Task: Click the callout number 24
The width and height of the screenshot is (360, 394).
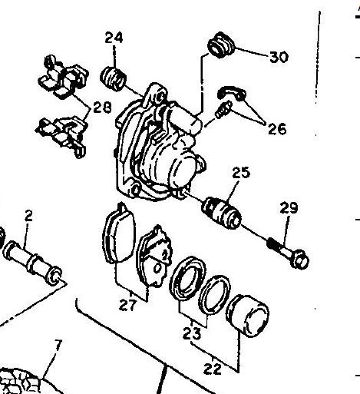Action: [114, 38]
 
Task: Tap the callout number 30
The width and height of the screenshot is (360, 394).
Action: [279, 57]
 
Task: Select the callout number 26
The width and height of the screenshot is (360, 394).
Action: [277, 128]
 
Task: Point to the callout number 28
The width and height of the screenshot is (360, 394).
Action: [102, 107]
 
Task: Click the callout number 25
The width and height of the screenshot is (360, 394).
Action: [241, 172]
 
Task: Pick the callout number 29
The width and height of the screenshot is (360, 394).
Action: [289, 207]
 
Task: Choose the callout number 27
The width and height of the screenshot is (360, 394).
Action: [128, 305]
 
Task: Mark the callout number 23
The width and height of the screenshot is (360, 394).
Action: [192, 333]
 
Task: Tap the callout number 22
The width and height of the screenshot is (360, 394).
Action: [213, 369]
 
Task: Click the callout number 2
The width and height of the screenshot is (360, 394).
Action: [29, 217]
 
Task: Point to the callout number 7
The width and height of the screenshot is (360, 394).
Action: [58, 346]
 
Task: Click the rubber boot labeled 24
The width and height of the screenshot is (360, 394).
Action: [113, 78]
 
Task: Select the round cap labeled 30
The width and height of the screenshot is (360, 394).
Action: [221, 45]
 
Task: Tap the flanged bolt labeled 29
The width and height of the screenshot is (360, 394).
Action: [288, 253]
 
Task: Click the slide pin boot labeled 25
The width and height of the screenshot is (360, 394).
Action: [222, 213]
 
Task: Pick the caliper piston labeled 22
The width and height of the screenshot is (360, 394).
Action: [247, 316]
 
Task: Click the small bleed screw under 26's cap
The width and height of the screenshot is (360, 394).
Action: [223, 110]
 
